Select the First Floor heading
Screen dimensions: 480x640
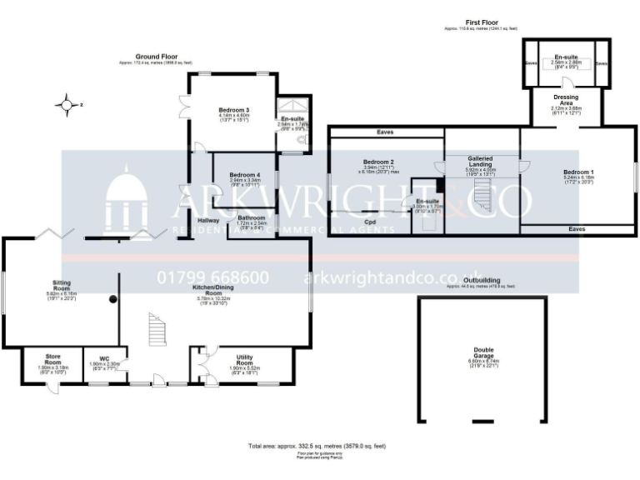[x=483, y=22]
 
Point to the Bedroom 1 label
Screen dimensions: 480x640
[x=578, y=172]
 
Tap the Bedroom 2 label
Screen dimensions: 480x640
[x=378, y=161]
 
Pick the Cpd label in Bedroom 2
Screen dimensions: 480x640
[x=370, y=222]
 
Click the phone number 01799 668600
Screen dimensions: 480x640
[x=212, y=277]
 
